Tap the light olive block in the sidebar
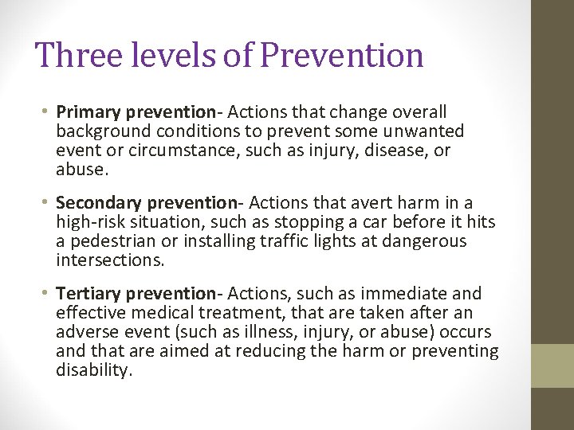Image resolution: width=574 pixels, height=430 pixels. click(552, 365)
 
